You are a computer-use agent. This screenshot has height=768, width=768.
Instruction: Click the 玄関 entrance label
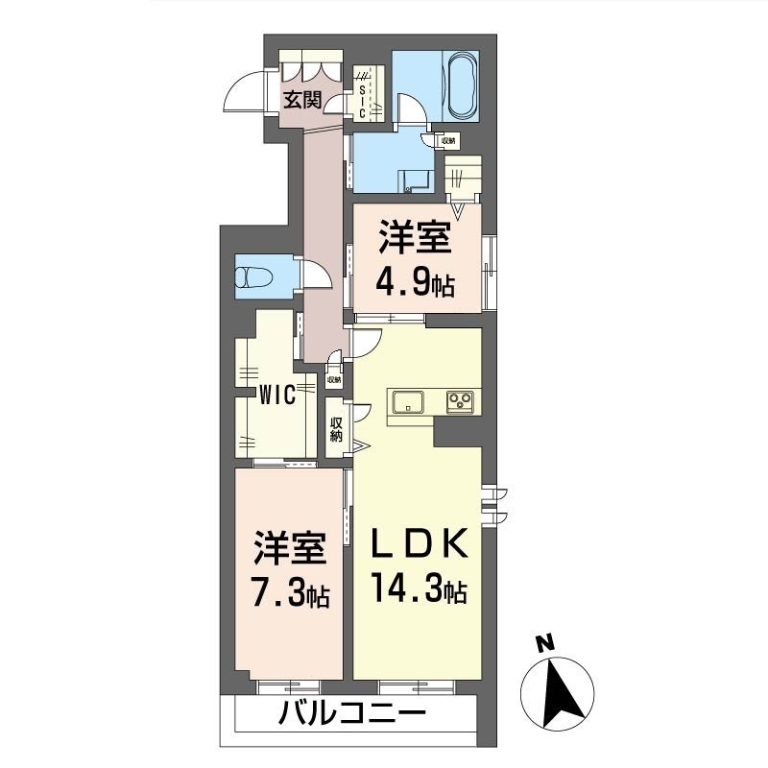[300, 98]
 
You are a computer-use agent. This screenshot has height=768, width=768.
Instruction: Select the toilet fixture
[254, 276]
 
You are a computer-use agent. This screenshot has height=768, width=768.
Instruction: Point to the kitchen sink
[409, 401]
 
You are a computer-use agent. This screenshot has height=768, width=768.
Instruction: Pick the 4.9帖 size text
[416, 284]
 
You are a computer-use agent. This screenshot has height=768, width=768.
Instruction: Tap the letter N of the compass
[543, 643]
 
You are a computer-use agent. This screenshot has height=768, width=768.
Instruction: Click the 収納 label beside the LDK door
[337, 430]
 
